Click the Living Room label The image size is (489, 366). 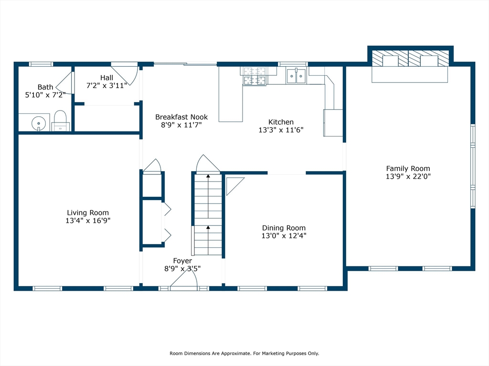point(88,213)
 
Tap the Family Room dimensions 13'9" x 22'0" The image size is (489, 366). point(408,176)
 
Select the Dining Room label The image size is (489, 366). point(284,228)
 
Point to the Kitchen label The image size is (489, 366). point(281,122)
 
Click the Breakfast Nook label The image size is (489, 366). point(181,117)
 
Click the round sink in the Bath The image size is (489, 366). point(39,123)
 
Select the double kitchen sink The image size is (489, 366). point(296,76)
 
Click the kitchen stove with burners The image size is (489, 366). point(255,76)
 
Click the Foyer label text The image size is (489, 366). point(182,261)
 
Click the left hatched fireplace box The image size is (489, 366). point(390,58)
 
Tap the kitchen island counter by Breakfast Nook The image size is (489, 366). point(231,94)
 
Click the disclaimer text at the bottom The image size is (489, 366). point(244,353)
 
